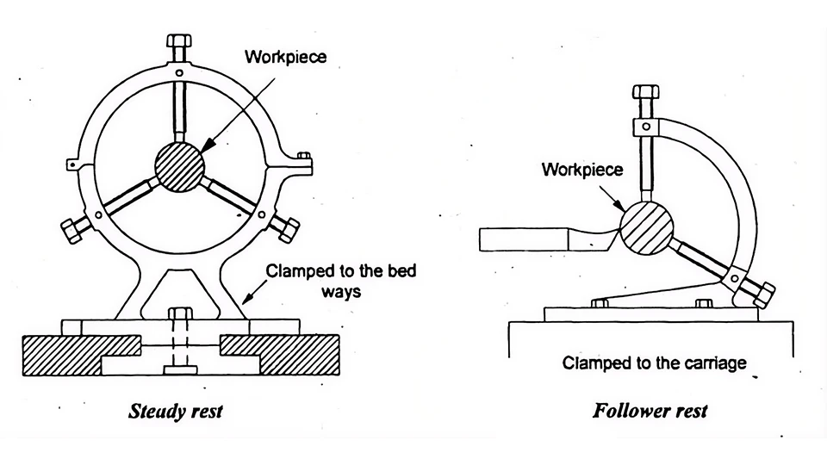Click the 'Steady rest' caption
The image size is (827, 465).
[175, 411]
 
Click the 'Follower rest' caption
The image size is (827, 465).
[650, 411]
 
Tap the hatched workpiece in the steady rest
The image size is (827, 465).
[179, 166]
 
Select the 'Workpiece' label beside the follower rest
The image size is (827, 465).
[581, 170]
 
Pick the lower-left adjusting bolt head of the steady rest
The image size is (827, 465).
[71, 229]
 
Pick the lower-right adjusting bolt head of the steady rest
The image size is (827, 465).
[287, 229]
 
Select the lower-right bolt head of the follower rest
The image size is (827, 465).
[763, 293]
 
